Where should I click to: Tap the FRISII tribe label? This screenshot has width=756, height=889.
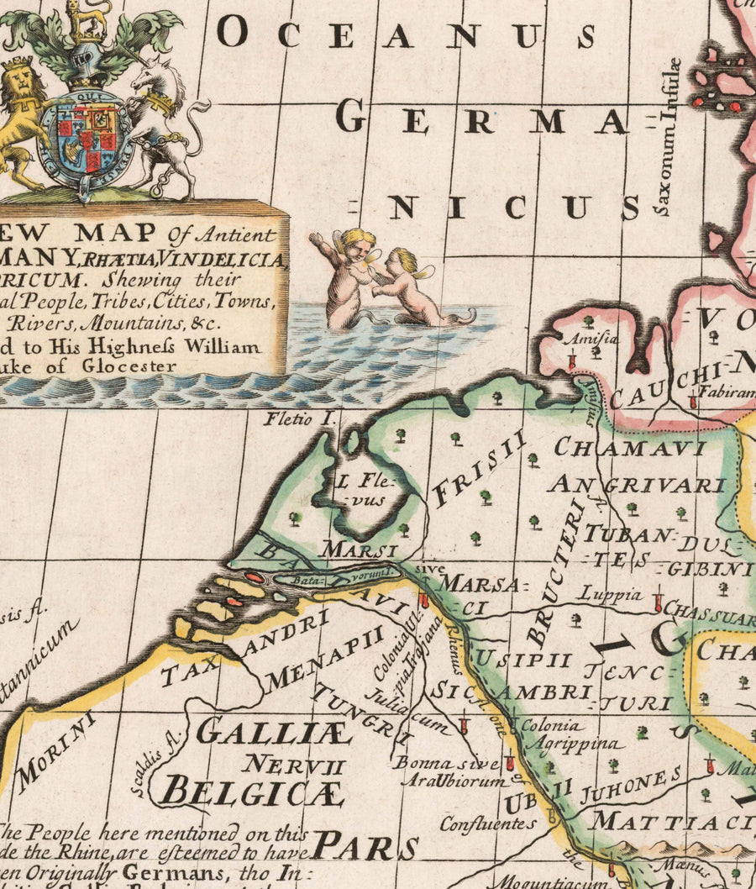tap(480, 469)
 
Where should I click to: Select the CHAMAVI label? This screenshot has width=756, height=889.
tap(629, 447)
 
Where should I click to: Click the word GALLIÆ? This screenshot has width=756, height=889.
tap(273, 733)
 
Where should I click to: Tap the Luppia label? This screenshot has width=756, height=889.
tap(609, 594)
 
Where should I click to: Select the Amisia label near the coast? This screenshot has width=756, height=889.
tap(580, 339)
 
